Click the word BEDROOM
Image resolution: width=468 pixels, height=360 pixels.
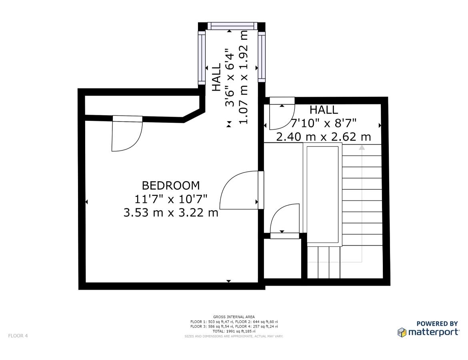pyautogui.click(x=171, y=186)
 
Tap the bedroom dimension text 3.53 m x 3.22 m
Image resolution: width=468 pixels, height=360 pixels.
pyautogui.click(x=171, y=212)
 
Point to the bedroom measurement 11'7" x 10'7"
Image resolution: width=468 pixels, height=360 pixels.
pyautogui.click(x=171, y=199)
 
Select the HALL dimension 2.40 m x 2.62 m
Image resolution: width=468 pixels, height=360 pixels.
pyautogui.click(x=324, y=137)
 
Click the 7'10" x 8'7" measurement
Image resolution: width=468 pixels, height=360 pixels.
pyautogui.click(x=324, y=123)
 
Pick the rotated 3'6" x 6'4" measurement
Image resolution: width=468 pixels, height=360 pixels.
pyautogui.click(x=230, y=78)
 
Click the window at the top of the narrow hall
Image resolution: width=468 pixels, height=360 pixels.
pyautogui.click(x=232, y=26)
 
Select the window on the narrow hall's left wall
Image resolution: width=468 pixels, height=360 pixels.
pyautogui.click(x=202, y=58)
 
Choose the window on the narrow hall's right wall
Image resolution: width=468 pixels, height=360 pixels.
pyautogui.click(x=262, y=57)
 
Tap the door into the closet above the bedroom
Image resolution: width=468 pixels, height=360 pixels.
pyautogui.click(x=127, y=134)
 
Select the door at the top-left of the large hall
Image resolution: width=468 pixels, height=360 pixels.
pyautogui.click(x=282, y=114)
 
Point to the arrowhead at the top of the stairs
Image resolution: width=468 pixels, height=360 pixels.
pyautogui.click(x=362, y=147)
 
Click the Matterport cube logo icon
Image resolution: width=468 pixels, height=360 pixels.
pyautogui.click(x=402, y=332)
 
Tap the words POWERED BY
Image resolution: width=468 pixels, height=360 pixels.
pyautogui.click(x=437, y=324)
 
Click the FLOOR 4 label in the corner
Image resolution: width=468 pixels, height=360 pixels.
pyautogui.click(x=18, y=336)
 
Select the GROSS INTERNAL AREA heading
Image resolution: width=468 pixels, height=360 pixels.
pyautogui.click(x=234, y=317)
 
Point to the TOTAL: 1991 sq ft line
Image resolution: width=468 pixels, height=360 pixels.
pyautogui.click(x=234, y=331)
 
